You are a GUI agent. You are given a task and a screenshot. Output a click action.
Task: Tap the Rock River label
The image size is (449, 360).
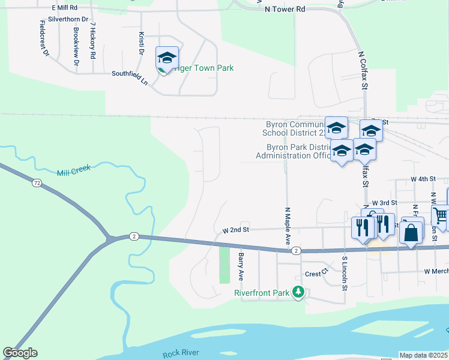click(x=181, y=353)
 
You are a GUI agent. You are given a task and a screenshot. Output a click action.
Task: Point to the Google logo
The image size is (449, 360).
click(x=20, y=353)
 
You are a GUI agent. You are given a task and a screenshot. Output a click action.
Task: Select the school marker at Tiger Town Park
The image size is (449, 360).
click(x=167, y=58)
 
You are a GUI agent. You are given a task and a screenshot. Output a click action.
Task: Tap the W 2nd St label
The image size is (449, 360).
click(x=235, y=230)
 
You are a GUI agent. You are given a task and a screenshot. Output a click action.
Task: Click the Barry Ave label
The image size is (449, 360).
click(x=241, y=266)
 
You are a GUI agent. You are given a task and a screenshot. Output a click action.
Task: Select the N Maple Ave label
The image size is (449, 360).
click(x=288, y=225)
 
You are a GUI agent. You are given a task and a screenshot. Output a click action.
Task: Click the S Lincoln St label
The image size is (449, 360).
click(x=345, y=274)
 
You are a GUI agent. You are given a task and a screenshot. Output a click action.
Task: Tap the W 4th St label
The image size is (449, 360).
click(x=423, y=179)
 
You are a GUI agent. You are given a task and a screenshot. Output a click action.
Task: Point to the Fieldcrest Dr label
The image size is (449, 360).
click(x=43, y=38)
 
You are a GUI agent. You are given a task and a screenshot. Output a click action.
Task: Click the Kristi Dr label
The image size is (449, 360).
click(x=142, y=43)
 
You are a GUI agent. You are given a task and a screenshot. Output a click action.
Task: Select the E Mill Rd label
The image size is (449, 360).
click(x=65, y=7)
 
